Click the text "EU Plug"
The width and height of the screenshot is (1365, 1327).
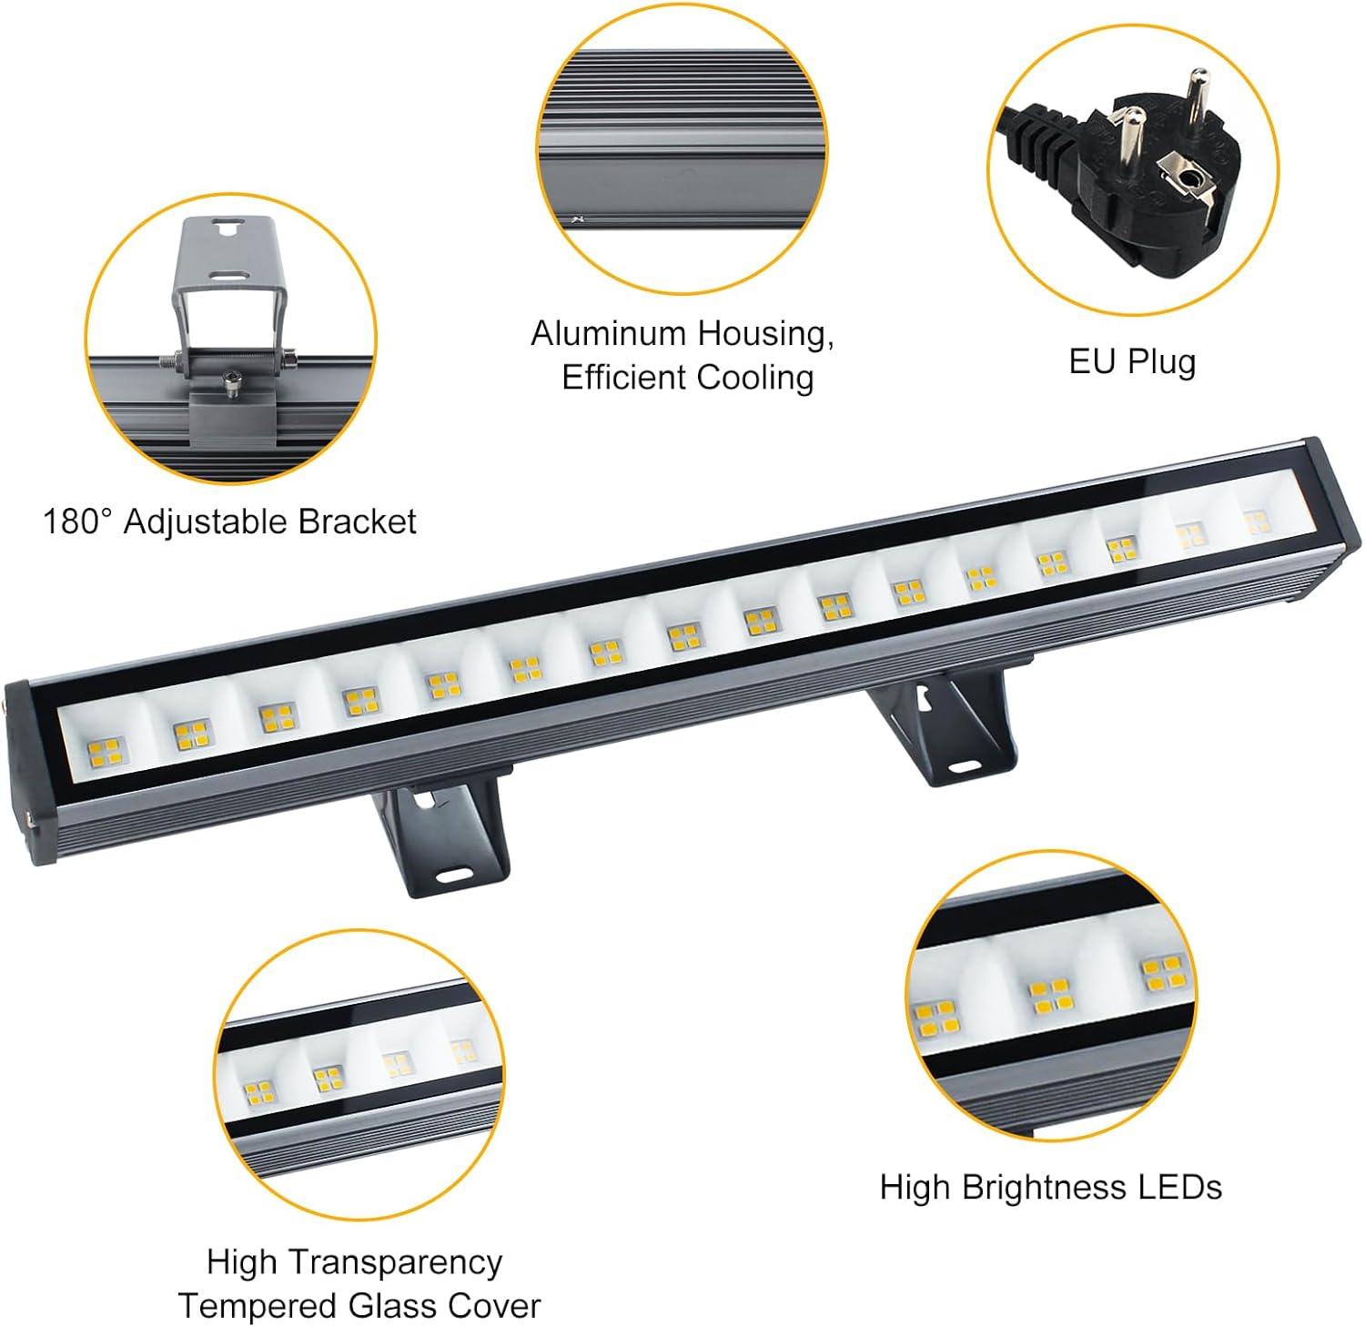pos(1132,361)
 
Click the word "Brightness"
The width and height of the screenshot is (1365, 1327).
pos(1040,1188)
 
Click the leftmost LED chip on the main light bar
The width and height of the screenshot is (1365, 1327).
pos(106,751)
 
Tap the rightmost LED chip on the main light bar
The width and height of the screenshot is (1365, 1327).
pos(1257,522)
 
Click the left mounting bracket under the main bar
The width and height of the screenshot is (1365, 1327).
pos(439,833)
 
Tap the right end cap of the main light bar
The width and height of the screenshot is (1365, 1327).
pos(1336,519)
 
